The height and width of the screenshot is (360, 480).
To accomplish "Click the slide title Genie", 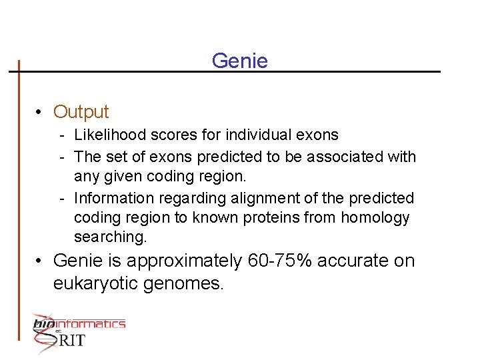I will tap(239, 61).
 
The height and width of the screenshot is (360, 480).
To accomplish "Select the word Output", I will tap(81, 112).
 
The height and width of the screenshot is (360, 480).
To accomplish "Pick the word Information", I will tap(111, 199).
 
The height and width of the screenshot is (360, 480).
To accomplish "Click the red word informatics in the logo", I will tap(93, 324).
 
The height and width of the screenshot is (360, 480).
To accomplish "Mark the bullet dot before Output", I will tap(41, 112).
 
